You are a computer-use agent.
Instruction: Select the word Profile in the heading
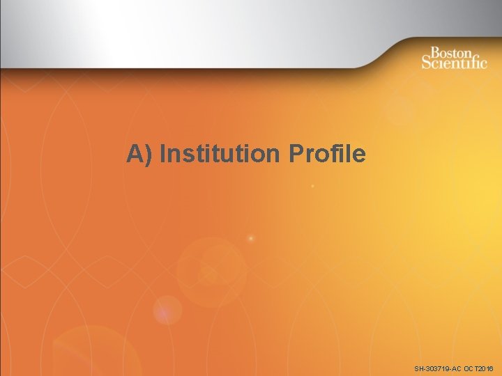pos(326,153)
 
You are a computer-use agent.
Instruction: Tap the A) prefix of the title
pos(140,154)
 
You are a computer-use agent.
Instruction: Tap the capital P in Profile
pos(294,153)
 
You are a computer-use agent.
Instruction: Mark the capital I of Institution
pos(162,153)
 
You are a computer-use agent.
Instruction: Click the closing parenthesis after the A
pos(149,154)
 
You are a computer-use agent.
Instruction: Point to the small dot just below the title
pos(313,187)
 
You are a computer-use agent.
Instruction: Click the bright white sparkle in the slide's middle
pos(251,239)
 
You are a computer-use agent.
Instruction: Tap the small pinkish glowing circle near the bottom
pos(167,309)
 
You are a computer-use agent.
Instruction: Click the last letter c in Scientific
pos(484,63)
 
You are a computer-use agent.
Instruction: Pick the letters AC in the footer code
pos(457,368)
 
